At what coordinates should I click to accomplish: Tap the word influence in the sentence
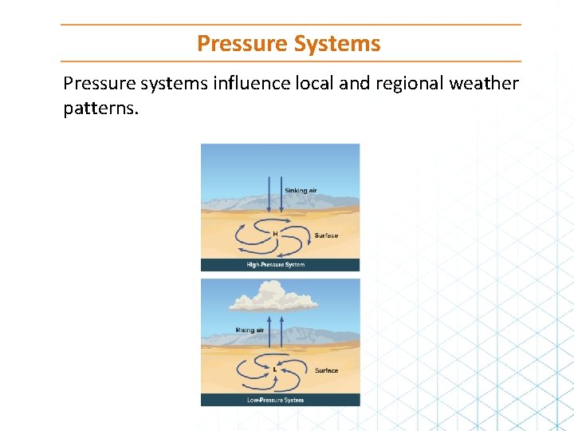(251, 84)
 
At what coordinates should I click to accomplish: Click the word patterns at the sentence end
(100, 108)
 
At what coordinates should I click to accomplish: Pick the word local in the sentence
(316, 84)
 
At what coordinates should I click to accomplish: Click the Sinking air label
(301, 191)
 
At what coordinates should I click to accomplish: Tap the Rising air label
(250, 330)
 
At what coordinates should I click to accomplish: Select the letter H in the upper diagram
(276, 234)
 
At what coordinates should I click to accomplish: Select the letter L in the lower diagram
(275, 370)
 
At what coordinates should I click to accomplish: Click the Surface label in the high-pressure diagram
(326, 235)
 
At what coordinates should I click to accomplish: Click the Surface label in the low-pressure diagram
(326, 370)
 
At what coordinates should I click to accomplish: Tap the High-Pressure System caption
(275, 265)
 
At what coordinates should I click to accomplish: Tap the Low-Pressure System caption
(275, 400)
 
